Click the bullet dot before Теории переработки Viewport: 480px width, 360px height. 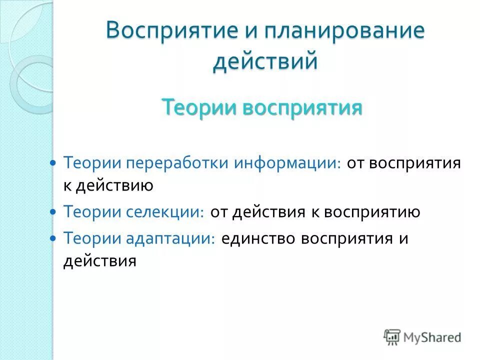click(x=54, y=163)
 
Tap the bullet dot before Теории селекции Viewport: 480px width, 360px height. click(x=54, y=212)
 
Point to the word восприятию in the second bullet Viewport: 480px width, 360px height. click(x=372, y=212)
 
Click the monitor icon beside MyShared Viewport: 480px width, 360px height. click(x=392, y=337)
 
